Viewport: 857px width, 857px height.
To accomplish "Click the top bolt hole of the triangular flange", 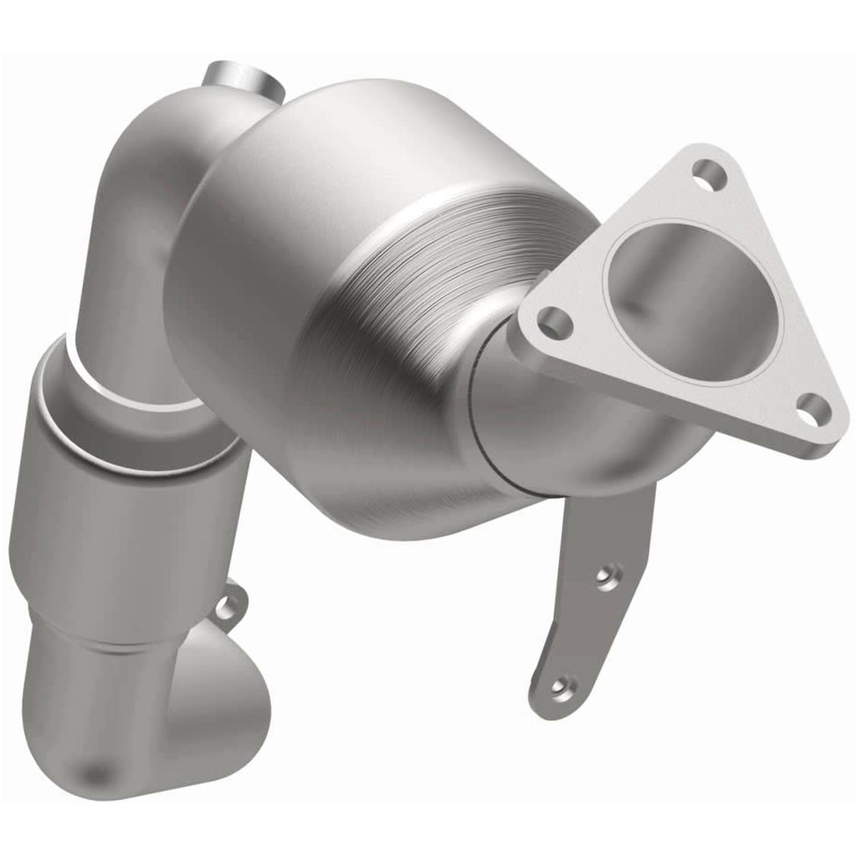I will click(708, 177).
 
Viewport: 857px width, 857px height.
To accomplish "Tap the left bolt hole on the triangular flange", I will click(553, 321).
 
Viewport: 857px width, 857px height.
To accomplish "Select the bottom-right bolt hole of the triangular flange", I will click(811, 409).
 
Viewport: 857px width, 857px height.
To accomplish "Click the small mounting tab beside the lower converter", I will click(229, 604).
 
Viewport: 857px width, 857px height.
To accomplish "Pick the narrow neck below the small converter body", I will click(100, 644).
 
